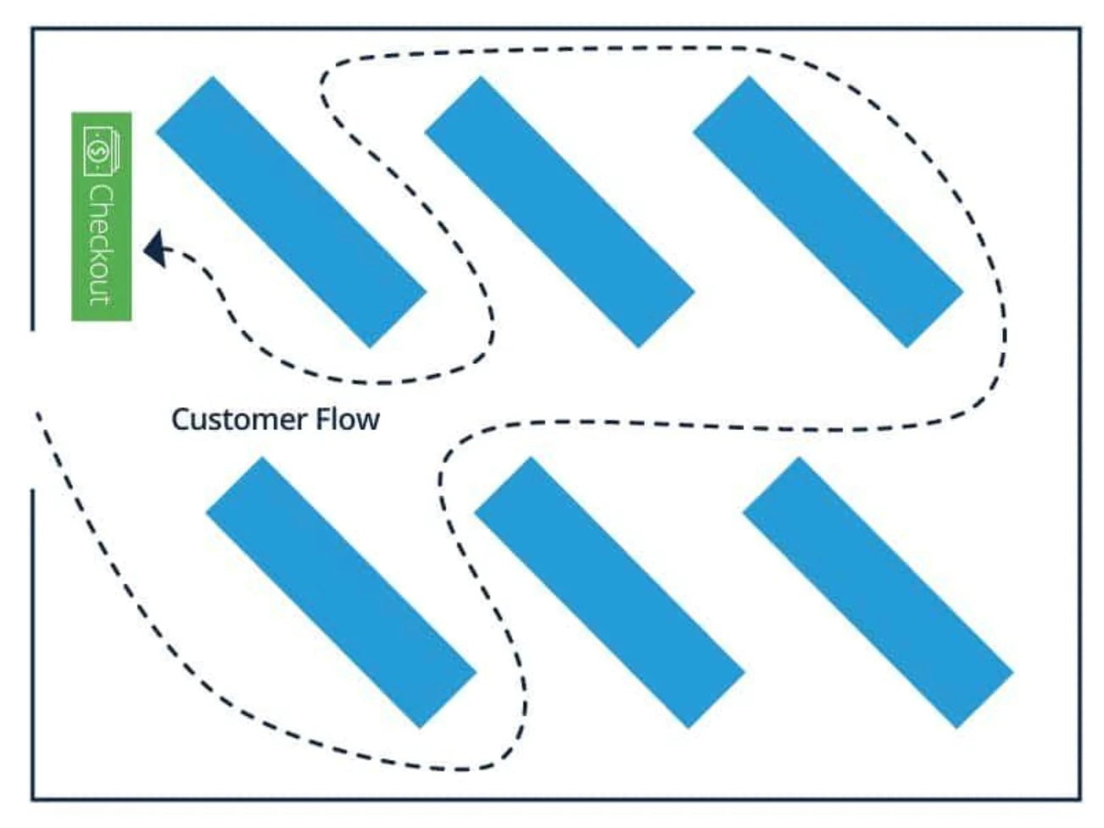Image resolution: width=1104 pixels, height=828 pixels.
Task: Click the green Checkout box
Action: coord(102,216)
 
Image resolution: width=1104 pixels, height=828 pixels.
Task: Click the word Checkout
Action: coord(101,243)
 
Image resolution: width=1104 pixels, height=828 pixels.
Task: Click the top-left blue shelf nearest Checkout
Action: coord(291,212)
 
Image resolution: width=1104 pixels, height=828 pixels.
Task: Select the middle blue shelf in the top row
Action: coord(560,212)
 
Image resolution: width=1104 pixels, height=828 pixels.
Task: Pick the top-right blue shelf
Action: coord(828,212)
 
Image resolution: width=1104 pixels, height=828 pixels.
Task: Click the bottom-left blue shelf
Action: coord(341,592)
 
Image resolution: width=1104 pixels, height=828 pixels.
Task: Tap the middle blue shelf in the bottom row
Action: coord(609,592)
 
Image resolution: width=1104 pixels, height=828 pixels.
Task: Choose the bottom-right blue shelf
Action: coord(878,592)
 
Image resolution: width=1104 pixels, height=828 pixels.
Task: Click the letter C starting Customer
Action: coord(179,419)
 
